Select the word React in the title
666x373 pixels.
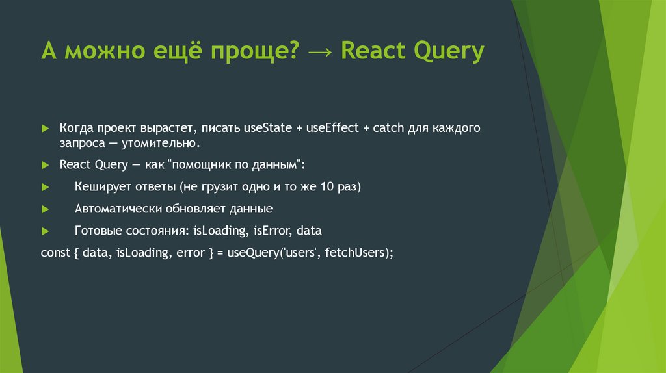[x=371, y=51]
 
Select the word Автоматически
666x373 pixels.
[x=118, y=209]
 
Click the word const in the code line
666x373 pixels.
[x=54, y=253]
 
